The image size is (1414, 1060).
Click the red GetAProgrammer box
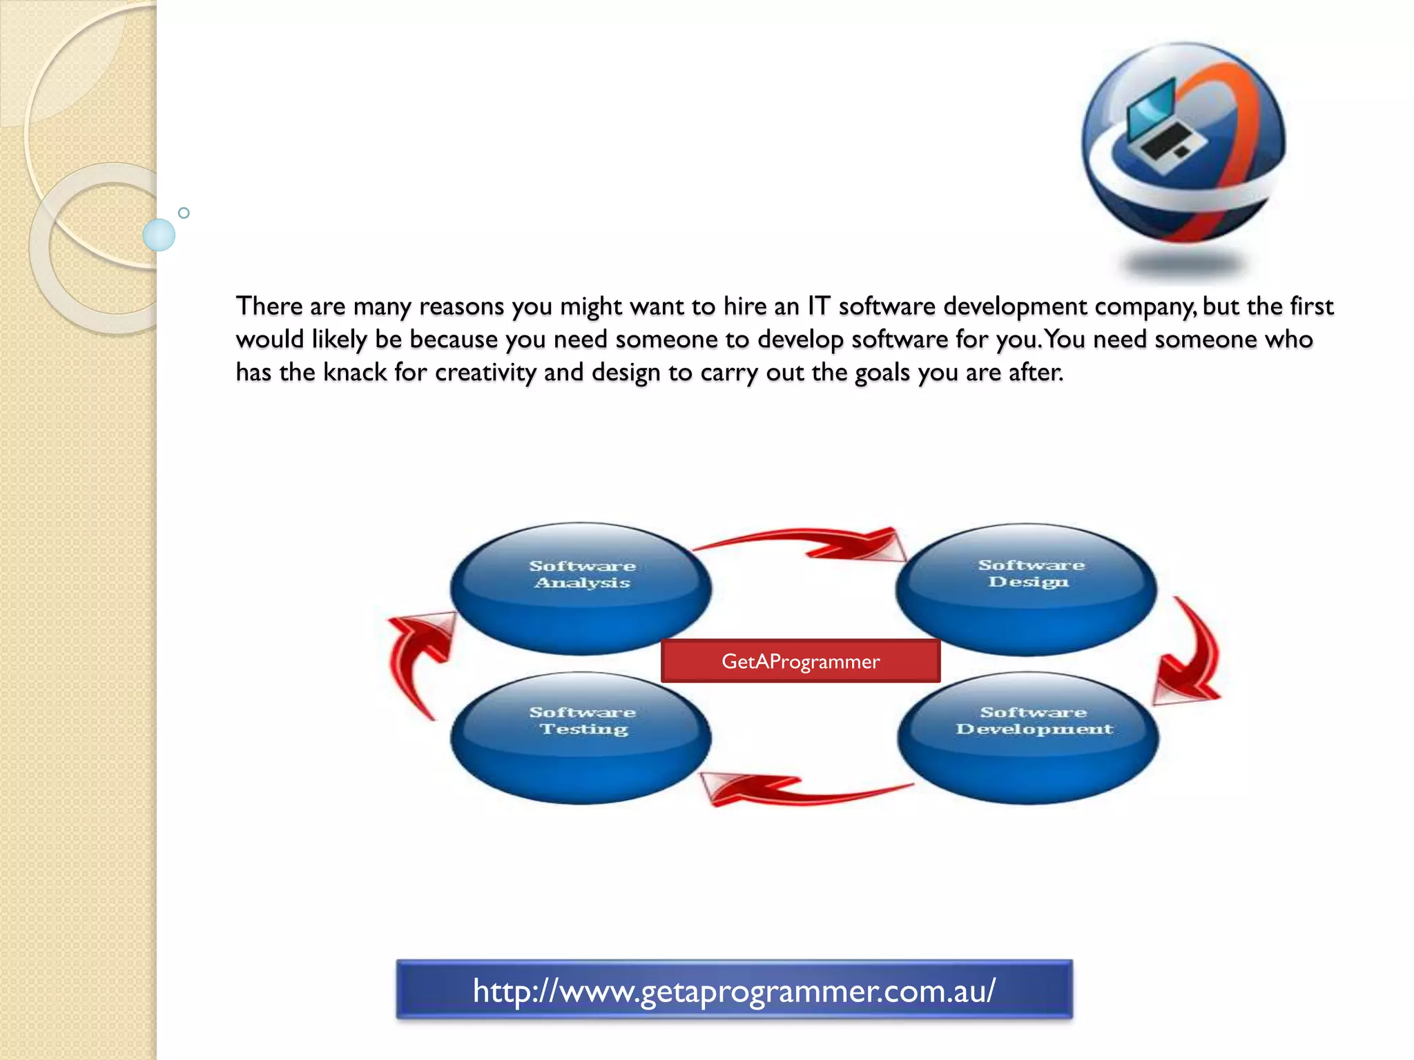[800, 661]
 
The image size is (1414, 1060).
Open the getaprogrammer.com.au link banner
[734, 990]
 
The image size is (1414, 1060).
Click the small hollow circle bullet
[184, 213]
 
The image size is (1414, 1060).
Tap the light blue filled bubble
[159, 235]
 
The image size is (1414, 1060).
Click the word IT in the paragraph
[818, 306]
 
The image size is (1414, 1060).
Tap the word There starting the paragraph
[269, 306]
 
